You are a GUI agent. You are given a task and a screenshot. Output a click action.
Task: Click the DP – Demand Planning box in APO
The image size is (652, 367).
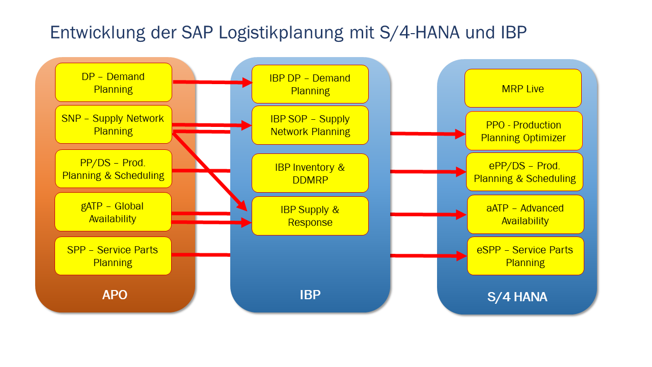point(113,83)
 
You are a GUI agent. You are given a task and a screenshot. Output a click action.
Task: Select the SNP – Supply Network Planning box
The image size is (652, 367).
point(113,124)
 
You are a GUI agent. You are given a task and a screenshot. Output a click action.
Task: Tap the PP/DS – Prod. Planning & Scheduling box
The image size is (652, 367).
point(113,169)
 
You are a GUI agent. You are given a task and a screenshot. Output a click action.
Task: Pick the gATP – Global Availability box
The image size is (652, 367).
point(113,212)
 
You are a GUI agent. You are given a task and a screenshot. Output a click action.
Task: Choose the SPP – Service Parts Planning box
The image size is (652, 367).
point(113,256)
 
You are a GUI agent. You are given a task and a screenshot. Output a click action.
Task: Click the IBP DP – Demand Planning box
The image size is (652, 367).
point(310,84)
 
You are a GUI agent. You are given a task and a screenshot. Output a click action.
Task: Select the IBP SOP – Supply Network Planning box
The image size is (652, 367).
point(310,125)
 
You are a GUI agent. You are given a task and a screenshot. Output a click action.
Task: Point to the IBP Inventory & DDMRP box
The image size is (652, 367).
point(310,173)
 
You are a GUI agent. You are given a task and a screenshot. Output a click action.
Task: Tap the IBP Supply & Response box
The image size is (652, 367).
point(310,216)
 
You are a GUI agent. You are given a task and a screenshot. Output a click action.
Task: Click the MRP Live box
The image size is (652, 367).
point(523,89)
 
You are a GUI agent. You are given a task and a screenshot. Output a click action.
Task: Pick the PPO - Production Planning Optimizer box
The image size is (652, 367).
point(524,131)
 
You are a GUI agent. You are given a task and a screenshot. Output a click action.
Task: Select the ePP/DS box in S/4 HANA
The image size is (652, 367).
point(525,172)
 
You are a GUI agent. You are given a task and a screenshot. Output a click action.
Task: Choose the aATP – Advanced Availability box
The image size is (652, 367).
point(525,214)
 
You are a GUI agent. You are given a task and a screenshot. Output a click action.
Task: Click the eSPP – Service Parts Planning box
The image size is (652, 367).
point(525,256)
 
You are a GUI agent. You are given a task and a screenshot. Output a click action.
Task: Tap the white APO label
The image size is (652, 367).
point(115,295)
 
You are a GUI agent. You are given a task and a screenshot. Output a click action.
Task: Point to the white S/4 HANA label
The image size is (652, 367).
point(517,297)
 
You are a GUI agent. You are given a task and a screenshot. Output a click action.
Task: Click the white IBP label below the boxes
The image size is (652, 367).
point(310,295)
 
